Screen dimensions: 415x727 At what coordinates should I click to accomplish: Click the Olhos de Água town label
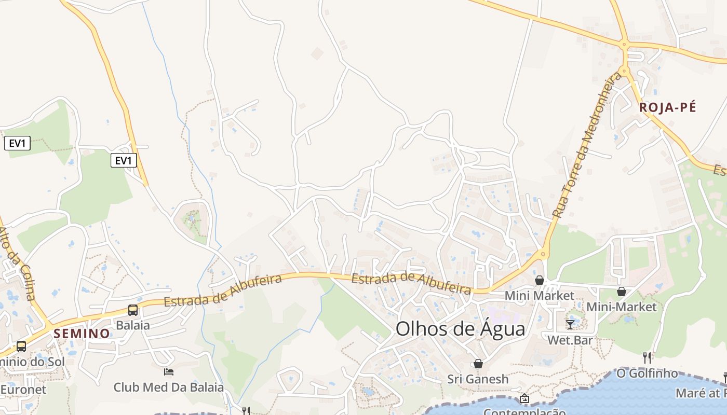tap(460, 329)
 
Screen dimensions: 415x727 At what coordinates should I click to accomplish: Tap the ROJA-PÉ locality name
tap(667, 107)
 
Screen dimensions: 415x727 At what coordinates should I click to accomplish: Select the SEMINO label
tap(82, 334)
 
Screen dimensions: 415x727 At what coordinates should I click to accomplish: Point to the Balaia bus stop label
tap(133, 325)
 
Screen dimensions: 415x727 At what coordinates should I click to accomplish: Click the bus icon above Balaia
tap(133, 310)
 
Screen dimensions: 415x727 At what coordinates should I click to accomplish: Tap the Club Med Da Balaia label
tap(169, 387)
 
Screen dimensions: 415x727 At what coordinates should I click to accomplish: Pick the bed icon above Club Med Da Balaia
tap(169, 371)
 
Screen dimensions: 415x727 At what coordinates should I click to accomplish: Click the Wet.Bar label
tap(570, 340)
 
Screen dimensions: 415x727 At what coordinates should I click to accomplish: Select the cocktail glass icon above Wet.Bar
tap(570, 325)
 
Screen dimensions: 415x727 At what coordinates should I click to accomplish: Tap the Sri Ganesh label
tap(478, 379)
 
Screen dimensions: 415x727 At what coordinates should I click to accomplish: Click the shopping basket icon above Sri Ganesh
tap(478, 364)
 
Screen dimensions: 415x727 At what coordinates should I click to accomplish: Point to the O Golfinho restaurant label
tap(647, 373)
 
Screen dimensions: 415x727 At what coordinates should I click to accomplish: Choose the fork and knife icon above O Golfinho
tap(647, 357)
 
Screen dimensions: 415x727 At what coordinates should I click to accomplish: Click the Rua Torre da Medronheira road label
tap(587, 145)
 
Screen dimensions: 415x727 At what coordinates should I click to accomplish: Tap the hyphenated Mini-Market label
tap(622, 307)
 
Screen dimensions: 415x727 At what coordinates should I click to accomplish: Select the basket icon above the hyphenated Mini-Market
tap(622, 292)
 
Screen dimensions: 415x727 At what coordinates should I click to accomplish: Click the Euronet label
tap(23, 389)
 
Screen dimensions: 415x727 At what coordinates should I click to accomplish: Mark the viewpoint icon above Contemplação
tap(524, 398)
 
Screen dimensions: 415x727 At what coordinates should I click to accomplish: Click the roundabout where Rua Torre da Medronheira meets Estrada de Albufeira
tap(544, 254)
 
